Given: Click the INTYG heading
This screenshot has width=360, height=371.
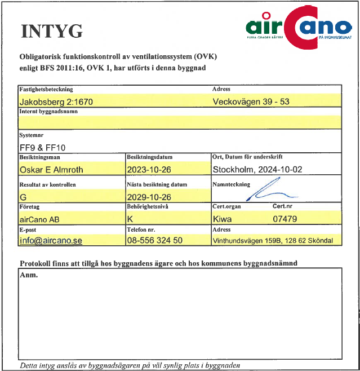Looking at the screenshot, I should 51,31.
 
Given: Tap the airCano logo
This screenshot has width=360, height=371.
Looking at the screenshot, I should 299,26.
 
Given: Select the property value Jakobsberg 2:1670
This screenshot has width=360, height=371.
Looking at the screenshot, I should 56,102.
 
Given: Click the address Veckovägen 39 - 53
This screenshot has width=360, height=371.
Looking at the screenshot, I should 251,102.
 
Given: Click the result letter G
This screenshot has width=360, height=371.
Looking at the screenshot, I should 23,196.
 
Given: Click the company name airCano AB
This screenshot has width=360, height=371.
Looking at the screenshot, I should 39,219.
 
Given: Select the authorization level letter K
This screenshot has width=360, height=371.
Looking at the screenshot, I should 130,219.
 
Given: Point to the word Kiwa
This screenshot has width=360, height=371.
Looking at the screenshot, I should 223,219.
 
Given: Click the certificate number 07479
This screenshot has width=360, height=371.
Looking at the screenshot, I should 285,219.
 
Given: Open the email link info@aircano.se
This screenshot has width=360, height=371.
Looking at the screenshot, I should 51,241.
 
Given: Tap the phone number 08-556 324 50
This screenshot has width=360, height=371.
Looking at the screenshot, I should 155,241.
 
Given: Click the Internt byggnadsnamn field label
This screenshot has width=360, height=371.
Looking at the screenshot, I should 48,112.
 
